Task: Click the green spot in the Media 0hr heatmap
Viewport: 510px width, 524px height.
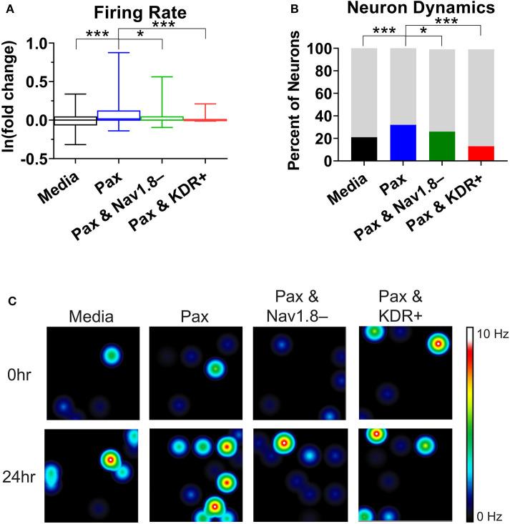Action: click(x=111, y=355)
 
